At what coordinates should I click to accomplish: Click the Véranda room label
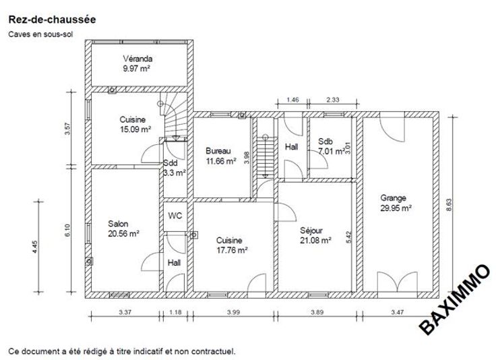tap(137, 59)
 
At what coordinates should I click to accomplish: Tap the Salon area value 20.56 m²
tap(124, 234)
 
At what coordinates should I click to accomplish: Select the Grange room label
tap(393, 198)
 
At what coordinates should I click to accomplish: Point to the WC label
tap(175, 216)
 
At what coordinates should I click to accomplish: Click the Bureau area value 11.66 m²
tap(221, 161)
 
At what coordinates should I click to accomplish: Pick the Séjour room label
tap(311, 231)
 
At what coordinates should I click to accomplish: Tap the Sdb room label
tap(325, 142)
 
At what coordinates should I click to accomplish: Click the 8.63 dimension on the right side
tap(449, 205)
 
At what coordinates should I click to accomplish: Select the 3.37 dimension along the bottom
tap(125, 312)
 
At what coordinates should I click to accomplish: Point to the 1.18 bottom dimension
tap(175, 312)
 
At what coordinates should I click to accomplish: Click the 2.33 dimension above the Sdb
tap(333, 100)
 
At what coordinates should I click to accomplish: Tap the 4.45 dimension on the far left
tap(35, 247)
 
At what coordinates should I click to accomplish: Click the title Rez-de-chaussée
tap(52, 20)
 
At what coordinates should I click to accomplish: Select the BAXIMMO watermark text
tap(455, 299)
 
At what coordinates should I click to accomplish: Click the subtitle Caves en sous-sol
tap(40, 34)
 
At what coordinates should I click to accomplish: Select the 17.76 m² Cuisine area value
tap(232, 250)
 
